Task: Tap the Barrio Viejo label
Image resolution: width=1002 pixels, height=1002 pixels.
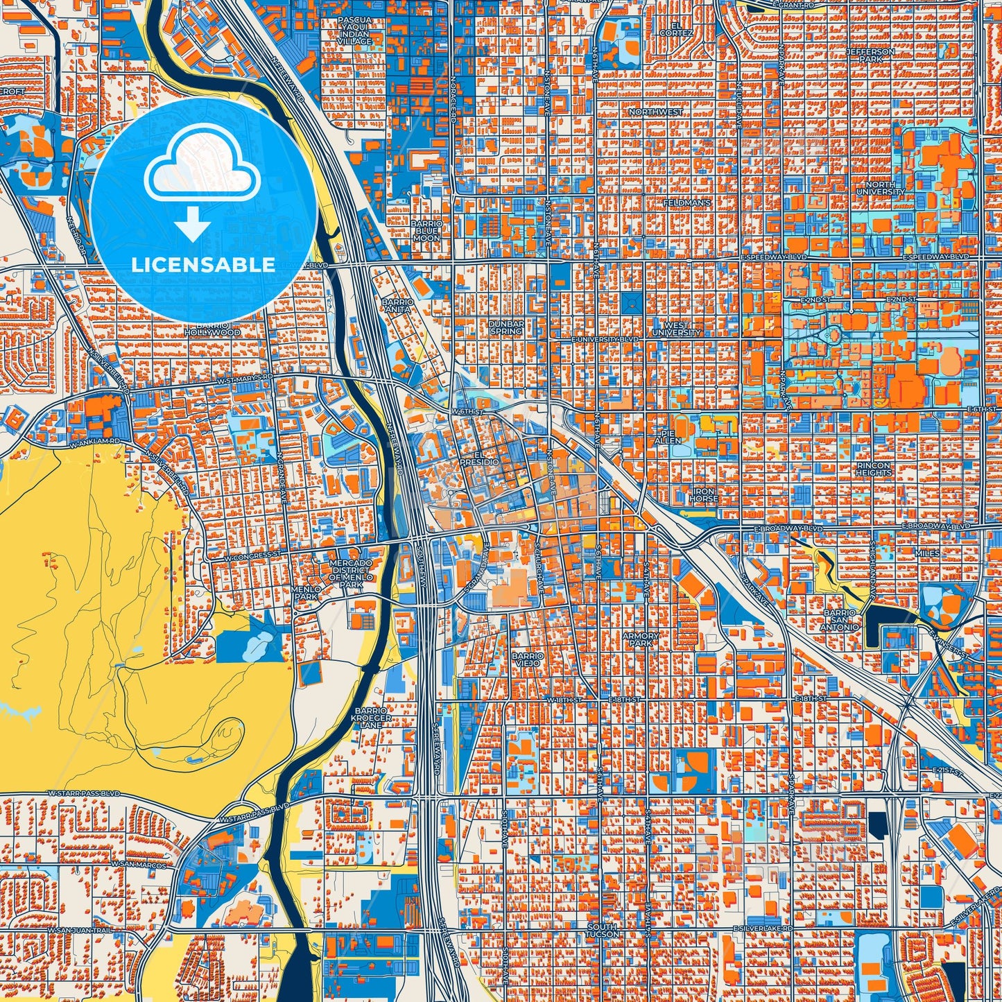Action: (525, 658)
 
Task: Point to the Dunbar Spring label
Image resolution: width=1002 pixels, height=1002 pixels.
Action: (506, 327)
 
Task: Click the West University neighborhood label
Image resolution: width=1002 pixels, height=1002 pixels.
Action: (676, 329)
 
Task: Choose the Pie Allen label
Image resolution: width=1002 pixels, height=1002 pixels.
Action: (668, 436)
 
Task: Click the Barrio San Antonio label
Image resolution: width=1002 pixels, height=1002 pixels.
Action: (842, 620)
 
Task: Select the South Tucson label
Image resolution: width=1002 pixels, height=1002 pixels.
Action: (601, 930)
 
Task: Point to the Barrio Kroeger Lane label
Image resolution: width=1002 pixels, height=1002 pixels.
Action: (372, 718)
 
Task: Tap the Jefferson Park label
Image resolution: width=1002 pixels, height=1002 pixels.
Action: (870, 55)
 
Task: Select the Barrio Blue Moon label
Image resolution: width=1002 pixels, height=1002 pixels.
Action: (426, 231)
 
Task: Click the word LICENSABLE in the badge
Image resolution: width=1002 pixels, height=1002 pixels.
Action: (203, 265)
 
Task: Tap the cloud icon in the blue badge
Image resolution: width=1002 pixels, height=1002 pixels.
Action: (202, 165)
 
